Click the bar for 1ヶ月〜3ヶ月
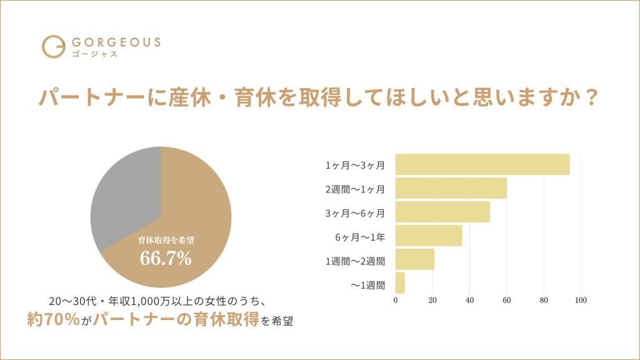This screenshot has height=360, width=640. tap(482, 164)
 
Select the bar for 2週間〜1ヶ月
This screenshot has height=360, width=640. tap(451, 188)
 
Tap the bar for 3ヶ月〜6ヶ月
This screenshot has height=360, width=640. tap(442, 212)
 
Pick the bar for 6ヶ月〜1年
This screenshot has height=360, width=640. tap(429, 236)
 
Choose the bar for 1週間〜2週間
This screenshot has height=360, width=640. tap(414, 259)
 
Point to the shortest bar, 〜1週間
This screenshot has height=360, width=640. tap(400, 283)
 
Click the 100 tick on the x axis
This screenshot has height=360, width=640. tap(581, 301)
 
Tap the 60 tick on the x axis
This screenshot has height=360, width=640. tap(507, 301)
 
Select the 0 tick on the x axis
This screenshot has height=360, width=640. tap(396, 301)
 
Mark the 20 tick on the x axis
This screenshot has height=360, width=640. tap(432, 301)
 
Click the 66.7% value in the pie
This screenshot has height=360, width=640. tap(165, 258)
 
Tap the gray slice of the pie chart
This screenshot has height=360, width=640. tap(122, 197)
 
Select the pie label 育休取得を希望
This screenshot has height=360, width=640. tap(165, 240)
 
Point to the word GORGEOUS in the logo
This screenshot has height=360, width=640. tap(116, 42)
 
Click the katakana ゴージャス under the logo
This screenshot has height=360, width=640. tap(93, 55)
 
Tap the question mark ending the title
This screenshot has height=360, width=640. tap(592, 98)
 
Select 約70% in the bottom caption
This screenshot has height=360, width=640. tap(53, 319)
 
